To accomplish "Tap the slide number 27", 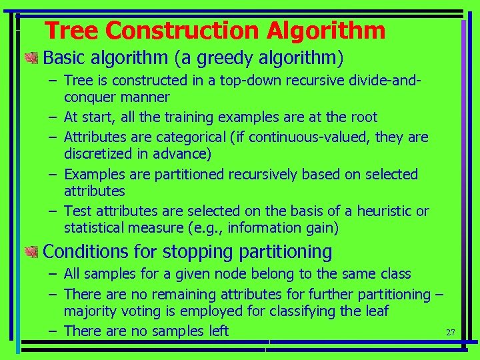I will coord(450,332).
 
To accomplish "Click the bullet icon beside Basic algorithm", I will coord(31,59).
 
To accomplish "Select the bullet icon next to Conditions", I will coord(31,252).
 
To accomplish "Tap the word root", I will coord(363,117).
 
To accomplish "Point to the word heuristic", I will coord(385,211).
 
